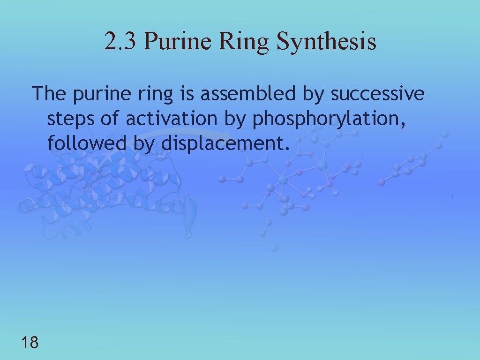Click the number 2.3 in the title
[120, 41]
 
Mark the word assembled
[248, 94]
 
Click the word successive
[377, 94]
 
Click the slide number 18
[30, 343]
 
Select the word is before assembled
[187, 94]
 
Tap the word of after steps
[110, 119]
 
